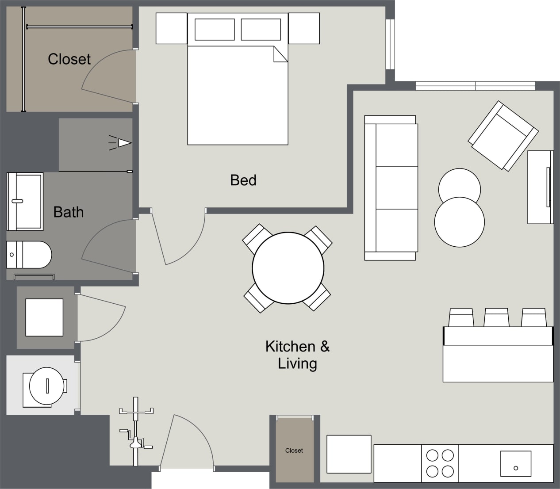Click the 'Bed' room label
tap(243, 180)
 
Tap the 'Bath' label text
tap(68, 212)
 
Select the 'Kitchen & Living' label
tap(297, 355)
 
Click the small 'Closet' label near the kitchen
tap(294, 451)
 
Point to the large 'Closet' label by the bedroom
tap(69, 59)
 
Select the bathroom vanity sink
tap(25, 201)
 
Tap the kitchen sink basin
tap(515, 463)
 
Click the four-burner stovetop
tap(440, 463)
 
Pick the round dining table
tap(288, 268)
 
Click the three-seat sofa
tap(391, 188)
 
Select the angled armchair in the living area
tap(503, 136)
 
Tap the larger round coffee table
tap(459, 222)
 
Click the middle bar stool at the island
tap(496, 317)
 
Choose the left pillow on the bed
tap(215, 30)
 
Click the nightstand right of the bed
tap(304, 28)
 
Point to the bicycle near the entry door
tap(136, 431)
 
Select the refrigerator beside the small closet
tap(349, 454)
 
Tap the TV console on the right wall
tap(540, 187)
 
